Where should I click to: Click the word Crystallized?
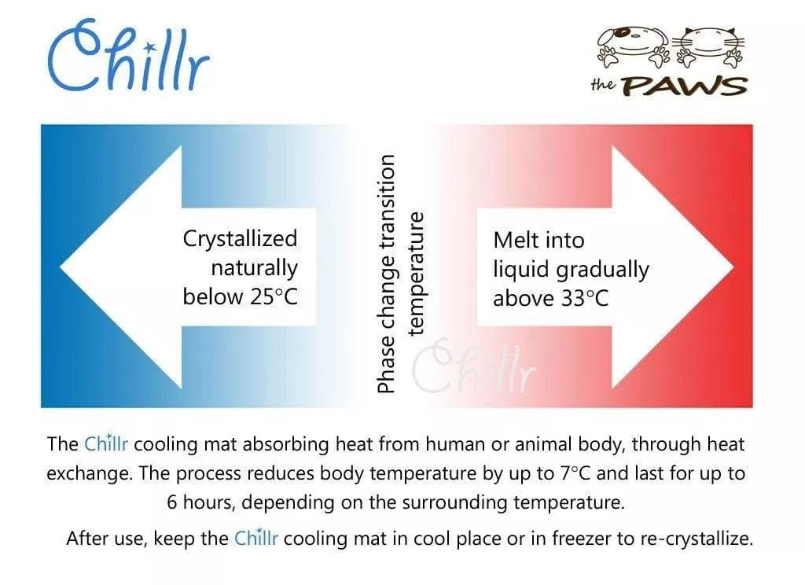click(x=240, y=239)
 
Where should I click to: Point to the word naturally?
click(x=254, y=268)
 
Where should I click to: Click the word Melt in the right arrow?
click(x=516, y=240)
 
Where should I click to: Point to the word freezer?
click(x=544, y=539)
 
